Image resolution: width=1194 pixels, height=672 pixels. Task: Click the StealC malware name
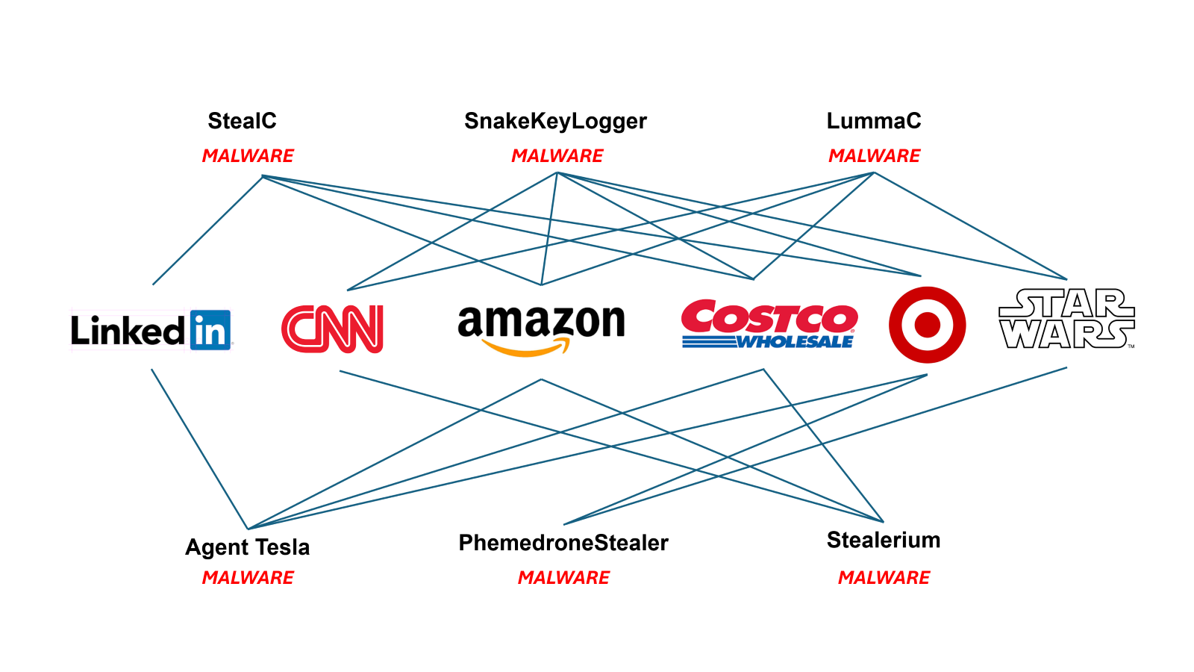(242, 121)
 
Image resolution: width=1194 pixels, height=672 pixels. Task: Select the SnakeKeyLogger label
(555, 121)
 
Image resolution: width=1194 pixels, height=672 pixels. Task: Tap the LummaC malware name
(873, 121)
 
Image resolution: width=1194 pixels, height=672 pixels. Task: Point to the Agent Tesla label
(247, 547)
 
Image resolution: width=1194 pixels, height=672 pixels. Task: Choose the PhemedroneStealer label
(563, 543)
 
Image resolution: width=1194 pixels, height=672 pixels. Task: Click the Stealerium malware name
(884, 540)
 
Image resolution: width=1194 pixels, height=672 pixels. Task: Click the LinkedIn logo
(151, 330)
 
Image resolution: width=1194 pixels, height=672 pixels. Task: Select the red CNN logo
(333, 329)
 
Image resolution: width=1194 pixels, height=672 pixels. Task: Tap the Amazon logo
(541, 329)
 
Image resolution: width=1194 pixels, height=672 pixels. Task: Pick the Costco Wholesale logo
(769, 325)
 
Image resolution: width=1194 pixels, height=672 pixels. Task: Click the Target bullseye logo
(927, 325)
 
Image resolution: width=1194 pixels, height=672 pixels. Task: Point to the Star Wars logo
(1066, 320)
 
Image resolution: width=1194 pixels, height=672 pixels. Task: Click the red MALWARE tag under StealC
(248, 156)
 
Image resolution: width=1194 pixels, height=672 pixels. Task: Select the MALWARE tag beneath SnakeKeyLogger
(557, 156)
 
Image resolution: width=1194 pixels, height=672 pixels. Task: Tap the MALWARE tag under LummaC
(874, 156)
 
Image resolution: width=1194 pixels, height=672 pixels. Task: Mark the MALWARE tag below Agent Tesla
(248, 578)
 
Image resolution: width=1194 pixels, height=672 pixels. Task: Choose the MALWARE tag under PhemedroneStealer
(563, 578)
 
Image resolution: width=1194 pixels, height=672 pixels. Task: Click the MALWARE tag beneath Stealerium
(884, 578)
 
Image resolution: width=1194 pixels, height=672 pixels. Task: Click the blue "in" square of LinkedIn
(210, 330)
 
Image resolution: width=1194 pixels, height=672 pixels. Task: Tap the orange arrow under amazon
(526, 348)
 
